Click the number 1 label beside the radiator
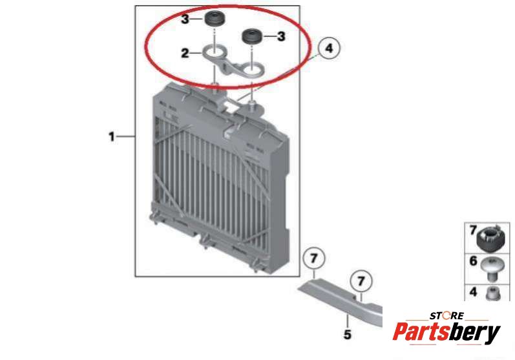[112, 136]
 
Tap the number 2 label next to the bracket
[185, 53]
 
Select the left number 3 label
[185, 19]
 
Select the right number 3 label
[281, 36]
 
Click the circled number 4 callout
[329, 48]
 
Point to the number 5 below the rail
[348, 334]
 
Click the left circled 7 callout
[314, 258]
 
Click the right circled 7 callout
[361, 281]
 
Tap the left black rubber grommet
[214, 19]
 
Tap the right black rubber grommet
[251, 36]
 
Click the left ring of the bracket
[214, 52]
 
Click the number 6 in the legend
[473, 261]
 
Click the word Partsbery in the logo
[447, 332]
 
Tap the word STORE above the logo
[447, 316]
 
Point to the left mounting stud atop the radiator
[215, 86]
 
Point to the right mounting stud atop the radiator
[252, 106]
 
